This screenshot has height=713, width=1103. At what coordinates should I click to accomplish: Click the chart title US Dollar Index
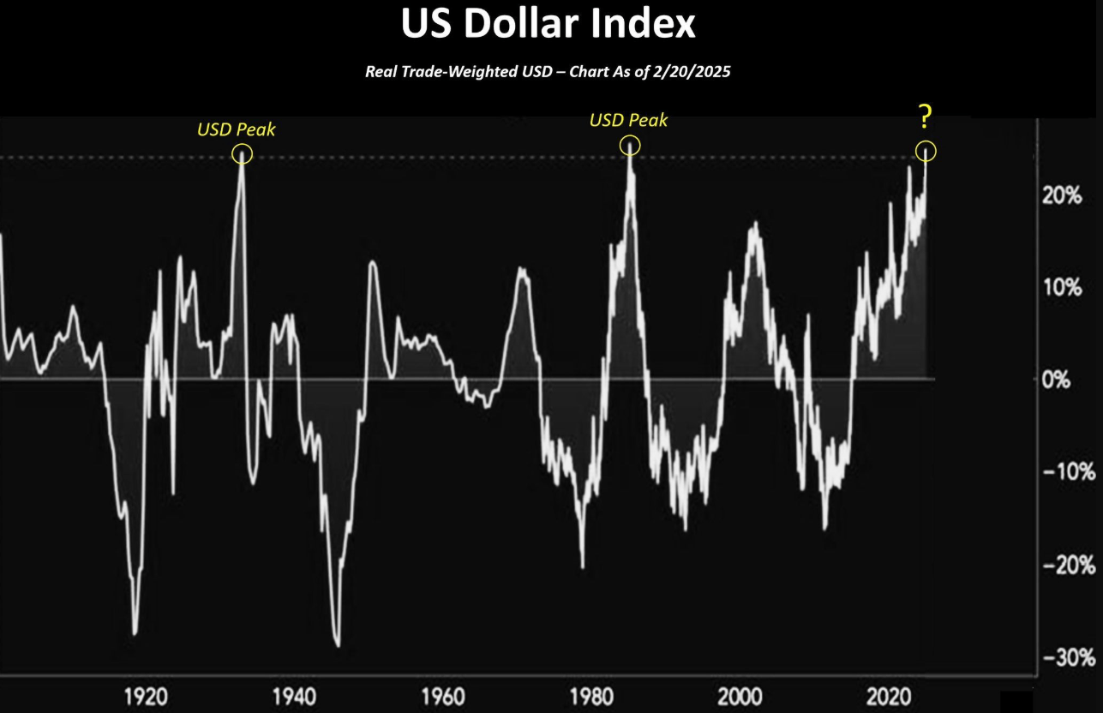point(549,25)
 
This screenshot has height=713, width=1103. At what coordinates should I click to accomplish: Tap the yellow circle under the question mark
point(926,152)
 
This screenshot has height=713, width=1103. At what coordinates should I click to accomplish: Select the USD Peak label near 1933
point(237,129)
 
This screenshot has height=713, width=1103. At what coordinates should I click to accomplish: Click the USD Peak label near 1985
point(628,121)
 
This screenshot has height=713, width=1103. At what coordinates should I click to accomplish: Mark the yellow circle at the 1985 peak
point(630,147)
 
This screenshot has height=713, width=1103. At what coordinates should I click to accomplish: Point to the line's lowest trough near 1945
point(338,645)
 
